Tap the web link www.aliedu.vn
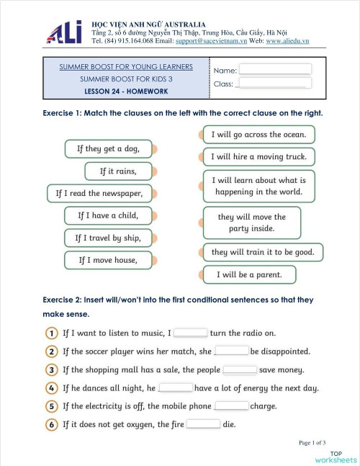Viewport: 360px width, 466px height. click(287, 42)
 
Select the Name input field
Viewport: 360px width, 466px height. click(275, 69)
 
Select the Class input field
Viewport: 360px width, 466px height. click(274, 84)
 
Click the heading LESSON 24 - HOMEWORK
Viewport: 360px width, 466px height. click(126, 91)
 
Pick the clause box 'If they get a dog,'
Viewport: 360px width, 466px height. click(109, 149)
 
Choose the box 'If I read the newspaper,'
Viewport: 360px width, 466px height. click(99, 193)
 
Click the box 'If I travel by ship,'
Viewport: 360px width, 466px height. click(109, 237)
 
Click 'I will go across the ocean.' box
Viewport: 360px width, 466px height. click(258, 135)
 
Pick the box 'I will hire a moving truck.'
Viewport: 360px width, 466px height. click(258, 156)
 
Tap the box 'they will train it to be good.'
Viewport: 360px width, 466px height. click(263, 253)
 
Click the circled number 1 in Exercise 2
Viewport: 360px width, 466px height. click(53, 333)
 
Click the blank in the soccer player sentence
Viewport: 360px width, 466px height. click(232, 351)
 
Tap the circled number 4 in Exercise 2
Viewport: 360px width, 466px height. click(53, 388)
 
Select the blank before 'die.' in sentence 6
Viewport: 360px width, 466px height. click(204, 424)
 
